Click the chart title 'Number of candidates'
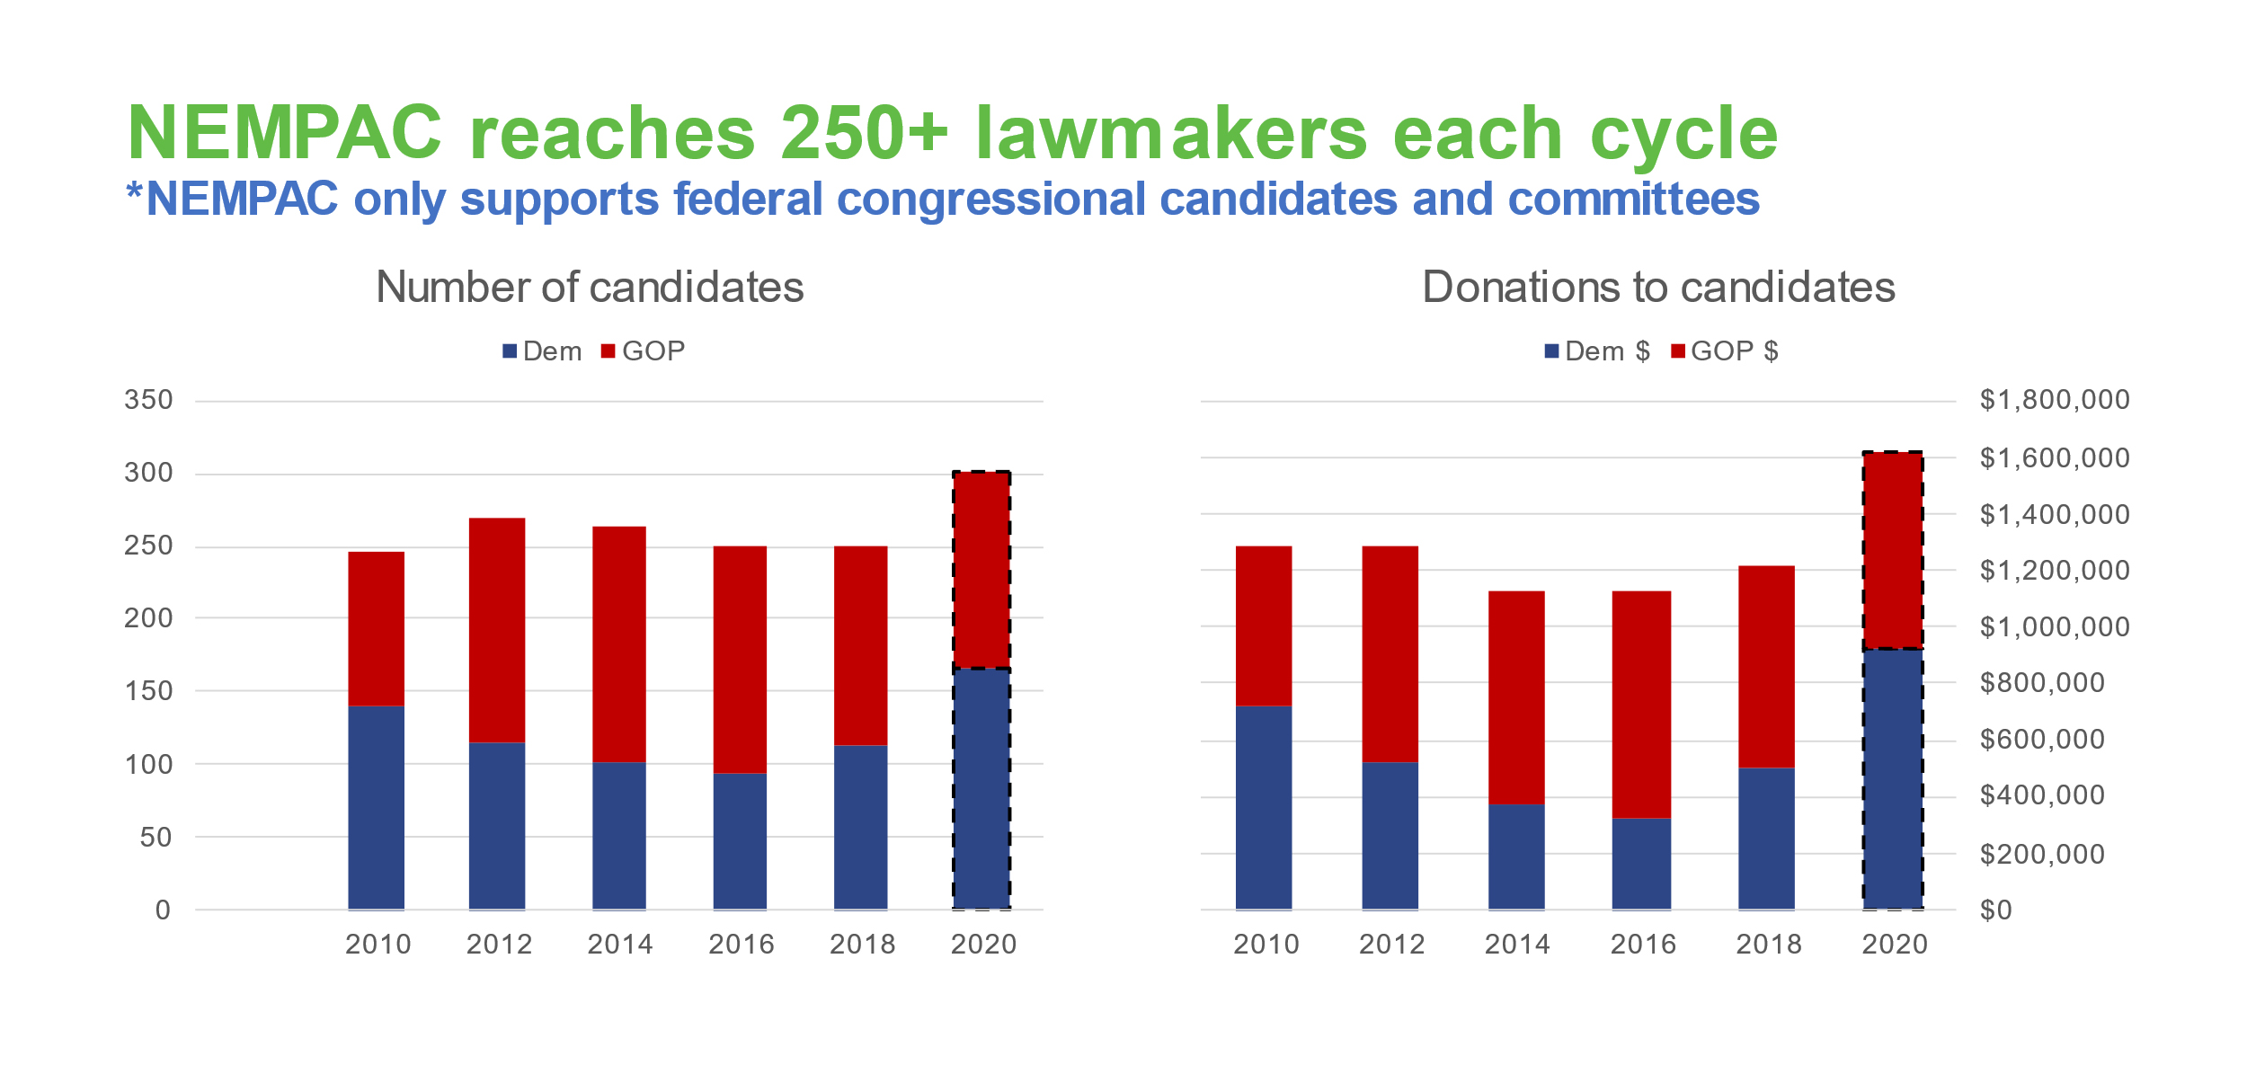590,288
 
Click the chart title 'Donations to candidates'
1658,288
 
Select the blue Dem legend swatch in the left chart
510,351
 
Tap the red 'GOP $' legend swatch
1677,351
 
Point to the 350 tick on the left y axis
148,400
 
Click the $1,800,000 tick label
2055,400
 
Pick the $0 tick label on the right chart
1995,910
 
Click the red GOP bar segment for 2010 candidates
376,628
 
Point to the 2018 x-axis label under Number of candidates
862,945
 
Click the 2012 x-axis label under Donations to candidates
1391,945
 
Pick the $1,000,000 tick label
2055,627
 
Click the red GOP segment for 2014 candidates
619,644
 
